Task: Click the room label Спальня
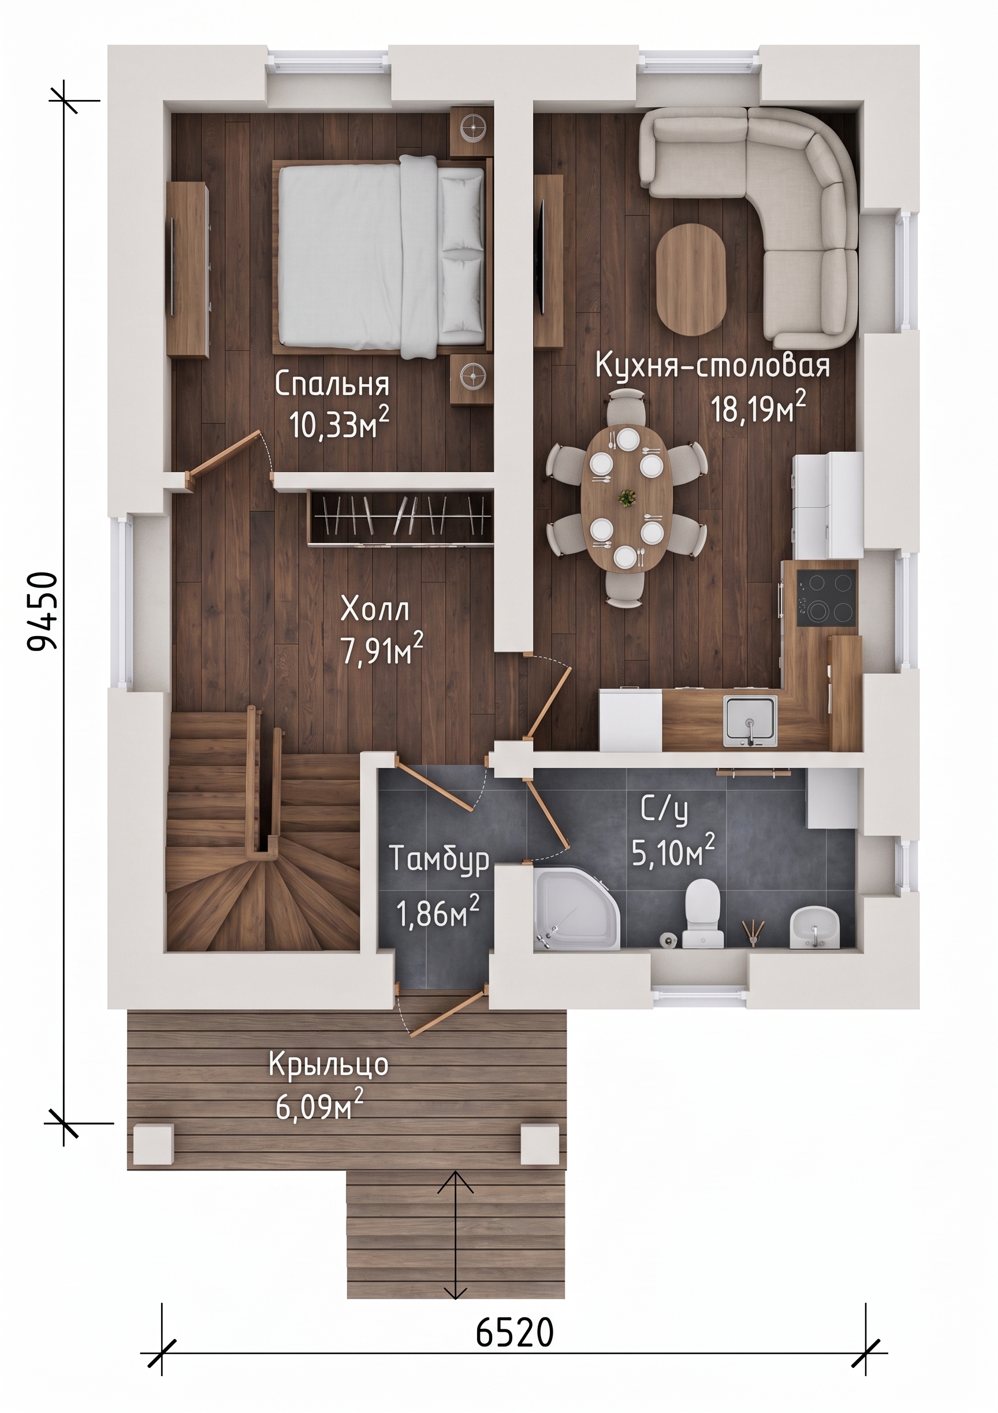332,385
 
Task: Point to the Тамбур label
440,859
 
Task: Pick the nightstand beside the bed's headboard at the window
472,131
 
